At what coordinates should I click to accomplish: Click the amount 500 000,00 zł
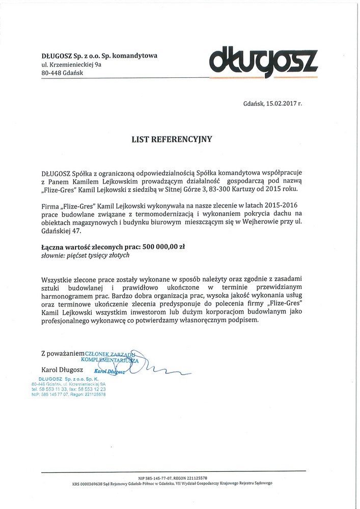pos(162,246)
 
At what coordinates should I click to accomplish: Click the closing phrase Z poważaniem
pos(62,352)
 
